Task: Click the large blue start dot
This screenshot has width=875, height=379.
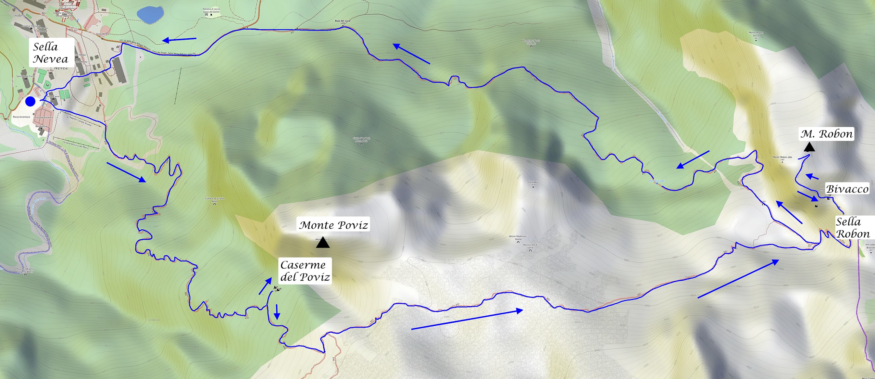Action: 30,101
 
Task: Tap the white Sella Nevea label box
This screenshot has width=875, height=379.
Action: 51,53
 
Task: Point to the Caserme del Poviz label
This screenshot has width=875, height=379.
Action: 305,271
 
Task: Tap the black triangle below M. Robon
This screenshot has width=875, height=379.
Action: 809,147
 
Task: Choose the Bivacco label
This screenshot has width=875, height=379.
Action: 847,189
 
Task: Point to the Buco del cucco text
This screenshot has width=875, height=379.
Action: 343,21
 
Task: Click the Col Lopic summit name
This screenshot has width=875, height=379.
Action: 533,183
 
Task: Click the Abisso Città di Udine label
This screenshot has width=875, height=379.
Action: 530,246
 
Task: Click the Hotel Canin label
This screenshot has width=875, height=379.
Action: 53,96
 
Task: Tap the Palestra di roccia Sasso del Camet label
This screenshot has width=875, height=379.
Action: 211,10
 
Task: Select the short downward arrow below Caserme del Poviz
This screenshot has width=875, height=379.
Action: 277,312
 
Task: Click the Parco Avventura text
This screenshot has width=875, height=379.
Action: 21,117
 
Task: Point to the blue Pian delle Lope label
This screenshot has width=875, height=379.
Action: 656,181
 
